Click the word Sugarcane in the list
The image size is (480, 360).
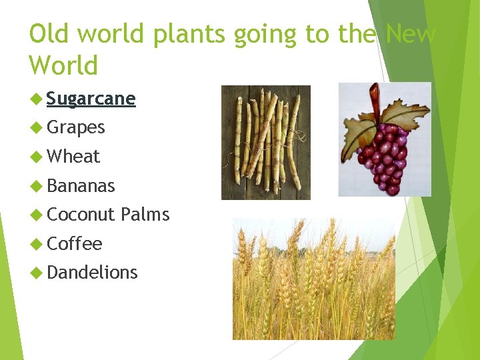point(91,99)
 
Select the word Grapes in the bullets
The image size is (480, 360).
point(76,127)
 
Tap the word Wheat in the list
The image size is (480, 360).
point(73,157)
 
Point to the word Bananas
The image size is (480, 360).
point(81,186)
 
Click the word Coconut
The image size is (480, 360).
point(81,215)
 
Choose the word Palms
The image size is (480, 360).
point(145,215)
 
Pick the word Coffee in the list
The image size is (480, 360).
point(75,244)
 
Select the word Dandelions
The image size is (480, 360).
point(92,273)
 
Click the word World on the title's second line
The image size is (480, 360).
point(63,65)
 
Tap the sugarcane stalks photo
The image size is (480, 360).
point(265,142)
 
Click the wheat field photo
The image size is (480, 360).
point(313,280)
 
